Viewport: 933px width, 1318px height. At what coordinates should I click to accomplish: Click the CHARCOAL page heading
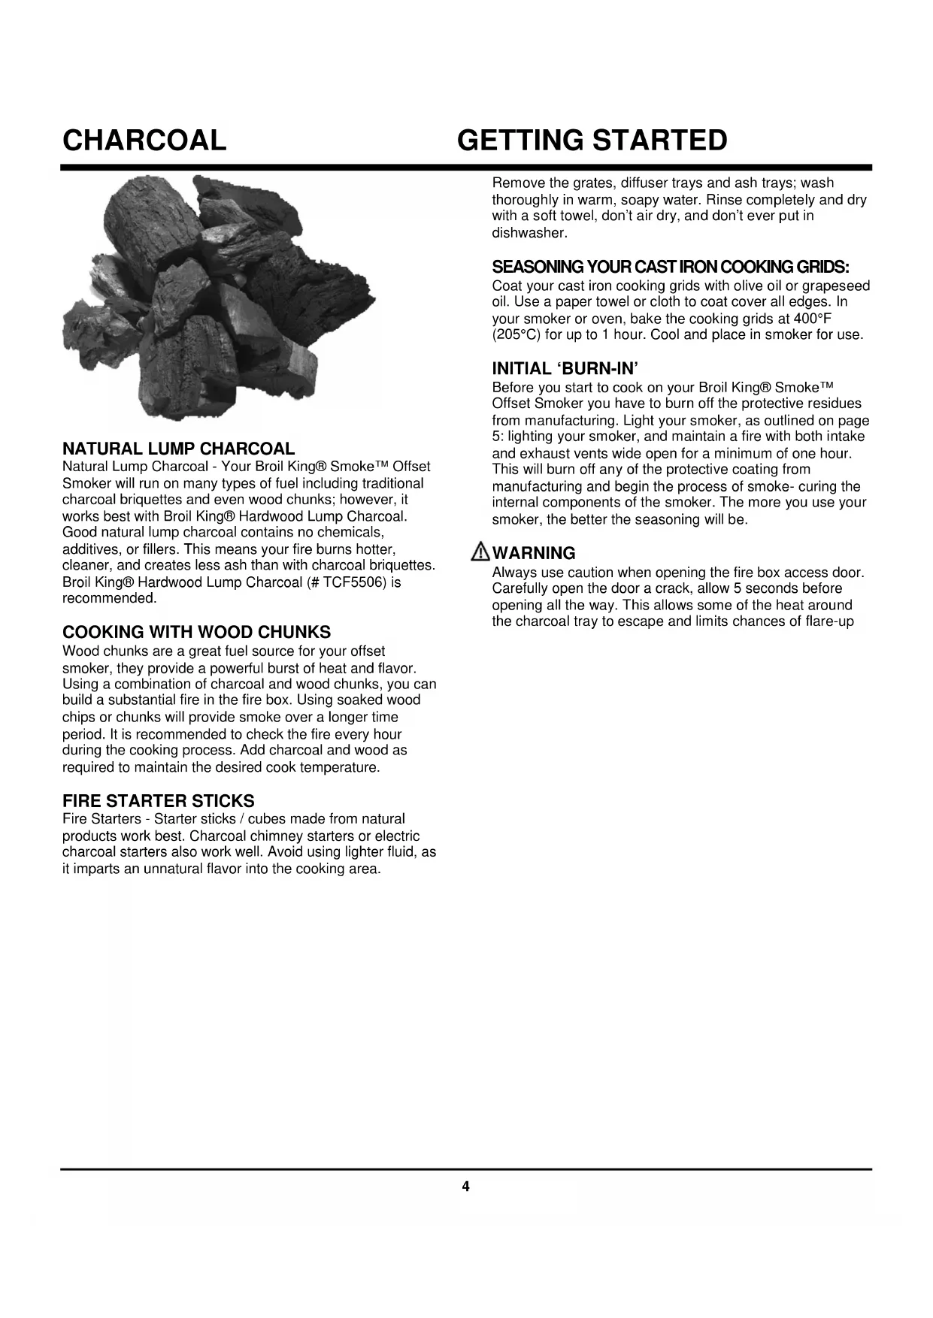click(x=144, y=141)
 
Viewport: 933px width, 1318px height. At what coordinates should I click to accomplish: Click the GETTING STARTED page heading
click(x=592, y=141)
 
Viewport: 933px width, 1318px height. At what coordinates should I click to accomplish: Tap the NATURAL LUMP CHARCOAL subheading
click(x=178, y=449)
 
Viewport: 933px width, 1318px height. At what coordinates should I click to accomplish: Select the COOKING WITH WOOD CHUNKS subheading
click(x=196, y=632)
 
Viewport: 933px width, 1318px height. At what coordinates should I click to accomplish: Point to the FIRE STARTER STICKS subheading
click(x=158, y=801)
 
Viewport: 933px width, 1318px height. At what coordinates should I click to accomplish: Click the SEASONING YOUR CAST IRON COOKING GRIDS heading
click(x=671, y=268)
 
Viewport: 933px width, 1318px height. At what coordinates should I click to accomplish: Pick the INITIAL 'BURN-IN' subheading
click(x=565, y=368)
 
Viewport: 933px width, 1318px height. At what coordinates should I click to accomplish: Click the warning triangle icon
click(x=480, y=553)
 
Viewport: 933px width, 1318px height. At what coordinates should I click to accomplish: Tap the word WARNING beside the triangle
click(x=534, y=553)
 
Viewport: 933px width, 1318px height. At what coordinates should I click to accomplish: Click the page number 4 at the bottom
click(x=465, y=1187)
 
